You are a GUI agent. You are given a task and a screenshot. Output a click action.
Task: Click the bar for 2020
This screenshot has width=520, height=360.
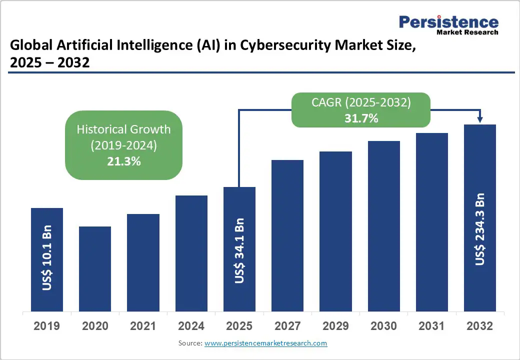tap(95, 268)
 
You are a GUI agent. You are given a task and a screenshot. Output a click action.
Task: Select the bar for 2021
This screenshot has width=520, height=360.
tap(143, 262)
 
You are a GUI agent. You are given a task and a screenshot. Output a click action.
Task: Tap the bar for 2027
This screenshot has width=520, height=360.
tap(287, 235)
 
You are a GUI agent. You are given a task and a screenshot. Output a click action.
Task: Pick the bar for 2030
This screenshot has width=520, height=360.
tap(384, 225)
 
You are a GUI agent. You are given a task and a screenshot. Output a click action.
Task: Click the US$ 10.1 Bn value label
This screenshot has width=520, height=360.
tap(47, 257)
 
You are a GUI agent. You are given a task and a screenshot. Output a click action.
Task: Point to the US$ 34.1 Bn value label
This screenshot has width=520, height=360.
tap(239, 250)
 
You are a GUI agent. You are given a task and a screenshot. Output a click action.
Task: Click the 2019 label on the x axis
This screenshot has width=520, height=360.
tap(47, 326)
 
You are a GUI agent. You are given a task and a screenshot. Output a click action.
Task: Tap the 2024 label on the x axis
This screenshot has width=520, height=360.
tap(191, 326)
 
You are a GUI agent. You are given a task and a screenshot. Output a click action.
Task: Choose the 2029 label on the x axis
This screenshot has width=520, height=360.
tap(335, 326)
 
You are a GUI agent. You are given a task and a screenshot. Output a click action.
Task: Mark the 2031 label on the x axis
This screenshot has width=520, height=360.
tap(432, 326)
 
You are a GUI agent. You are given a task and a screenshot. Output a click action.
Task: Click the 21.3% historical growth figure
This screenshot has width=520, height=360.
tap(123, 161)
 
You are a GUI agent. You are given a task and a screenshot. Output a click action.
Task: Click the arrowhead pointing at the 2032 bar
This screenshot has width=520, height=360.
tap(480, 119)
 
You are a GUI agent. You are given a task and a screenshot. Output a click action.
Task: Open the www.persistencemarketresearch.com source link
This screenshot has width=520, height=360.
tap(266, 343)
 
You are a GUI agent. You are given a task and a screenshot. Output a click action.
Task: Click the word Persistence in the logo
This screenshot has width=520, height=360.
tap(448, 22)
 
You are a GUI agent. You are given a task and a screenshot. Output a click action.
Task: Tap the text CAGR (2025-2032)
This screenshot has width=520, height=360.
tap(360, 102)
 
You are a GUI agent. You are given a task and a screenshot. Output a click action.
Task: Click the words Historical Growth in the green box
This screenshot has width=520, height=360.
tap(123, 129)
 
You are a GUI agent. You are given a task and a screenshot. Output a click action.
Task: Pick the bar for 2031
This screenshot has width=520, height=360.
tap(432, 221)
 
